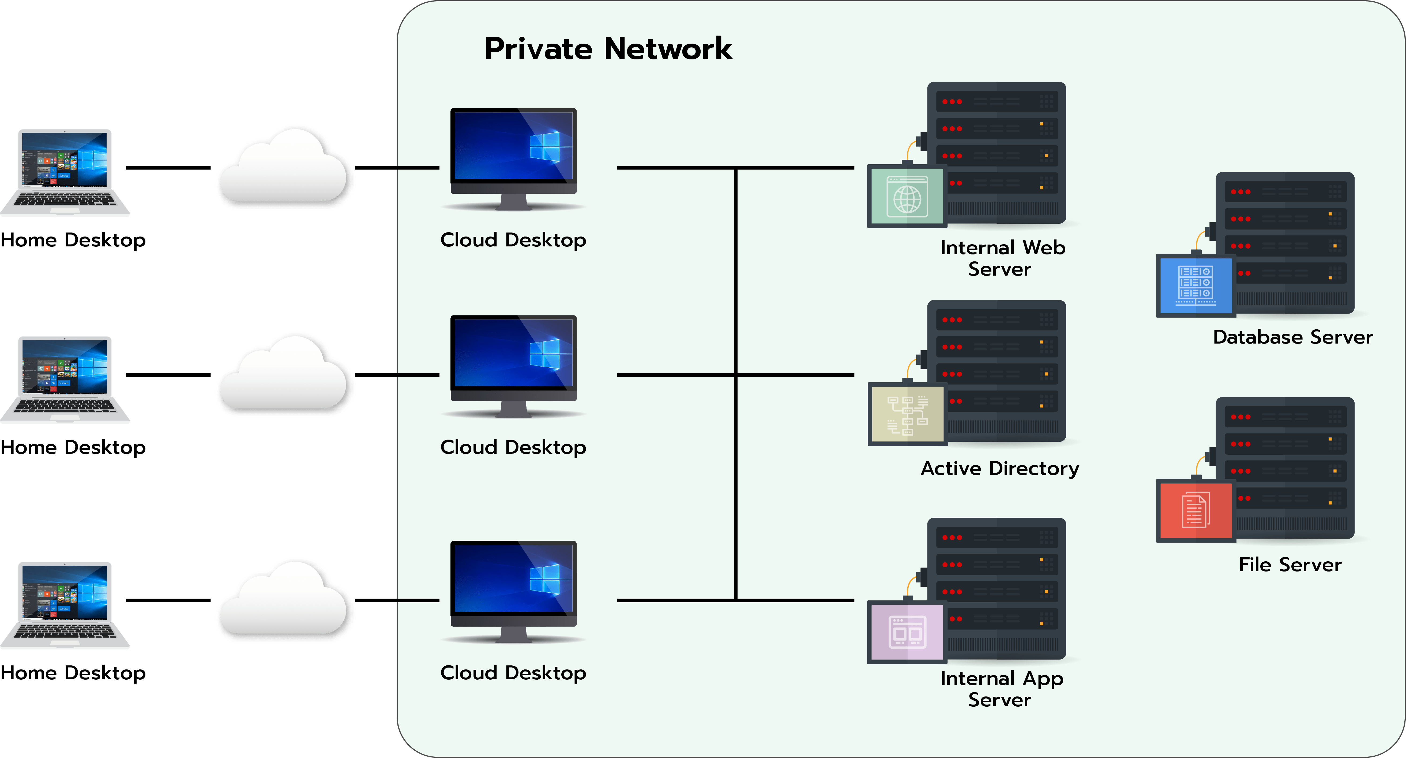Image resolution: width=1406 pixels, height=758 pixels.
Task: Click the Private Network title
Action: (608, 49)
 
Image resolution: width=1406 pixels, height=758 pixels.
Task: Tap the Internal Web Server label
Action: (1002, 258)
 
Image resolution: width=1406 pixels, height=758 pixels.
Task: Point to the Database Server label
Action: (1292, 337)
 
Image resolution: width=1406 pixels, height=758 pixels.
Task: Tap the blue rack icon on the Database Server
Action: (1195, 285)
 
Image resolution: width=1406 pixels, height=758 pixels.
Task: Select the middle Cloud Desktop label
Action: (513, 447)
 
